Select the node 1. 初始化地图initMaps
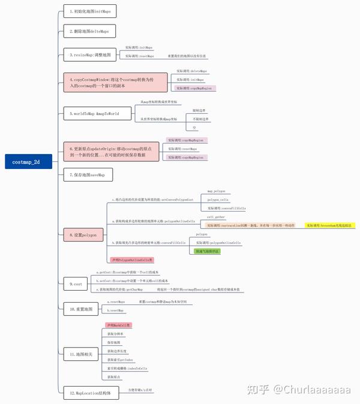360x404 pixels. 90,11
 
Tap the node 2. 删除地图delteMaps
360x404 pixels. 89,31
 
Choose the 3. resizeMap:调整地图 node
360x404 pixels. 90,55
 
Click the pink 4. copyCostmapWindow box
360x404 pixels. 112,82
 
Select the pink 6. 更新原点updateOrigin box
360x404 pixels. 112,151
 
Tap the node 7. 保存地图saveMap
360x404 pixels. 88,175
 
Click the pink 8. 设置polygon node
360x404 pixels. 83,235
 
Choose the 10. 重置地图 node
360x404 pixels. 82,309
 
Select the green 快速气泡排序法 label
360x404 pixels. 207,251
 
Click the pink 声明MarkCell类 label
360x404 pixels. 119,325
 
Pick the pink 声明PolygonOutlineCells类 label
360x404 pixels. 131,260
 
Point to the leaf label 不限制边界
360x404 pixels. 202,119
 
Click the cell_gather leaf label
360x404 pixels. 216,217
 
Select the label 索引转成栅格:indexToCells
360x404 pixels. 127,368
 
